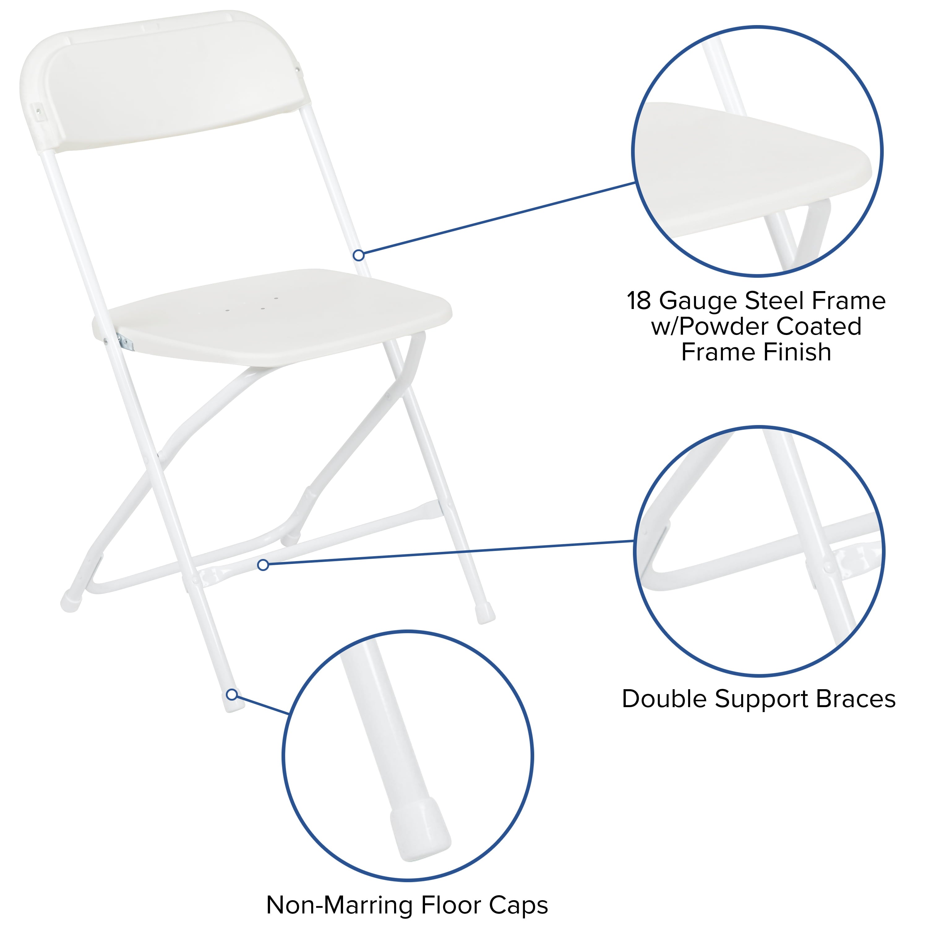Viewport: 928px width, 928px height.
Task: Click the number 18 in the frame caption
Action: click(639, 301)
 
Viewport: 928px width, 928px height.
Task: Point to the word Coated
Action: click(818, 327)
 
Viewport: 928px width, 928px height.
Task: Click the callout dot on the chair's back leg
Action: click(358, 256)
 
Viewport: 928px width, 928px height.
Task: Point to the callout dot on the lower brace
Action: click(263, 565)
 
